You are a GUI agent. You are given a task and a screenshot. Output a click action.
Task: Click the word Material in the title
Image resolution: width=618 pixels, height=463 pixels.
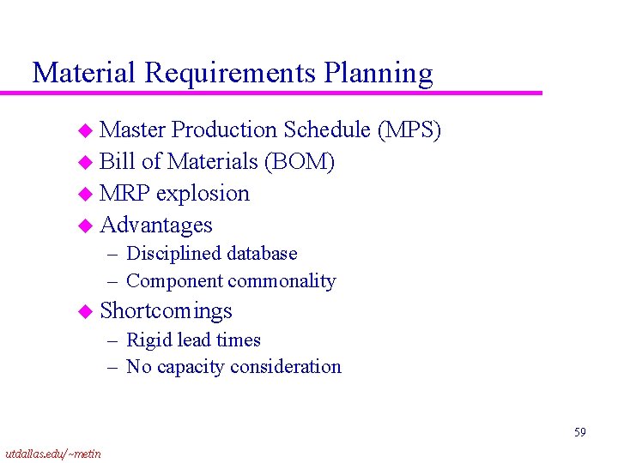click(x=84, y=73)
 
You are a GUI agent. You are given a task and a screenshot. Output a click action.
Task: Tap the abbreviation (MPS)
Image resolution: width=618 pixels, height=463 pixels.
click(x=409, y=129)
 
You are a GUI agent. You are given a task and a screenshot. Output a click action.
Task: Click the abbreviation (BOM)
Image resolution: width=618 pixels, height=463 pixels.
click(x=300, y=161)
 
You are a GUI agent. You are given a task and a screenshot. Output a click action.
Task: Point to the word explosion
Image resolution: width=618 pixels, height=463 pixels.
click(x=203, y=194)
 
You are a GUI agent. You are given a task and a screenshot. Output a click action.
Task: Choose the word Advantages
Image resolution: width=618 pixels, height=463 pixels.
click(x=156, y=225)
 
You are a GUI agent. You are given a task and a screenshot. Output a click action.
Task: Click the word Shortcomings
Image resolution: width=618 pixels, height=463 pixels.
click(x=166, y=310)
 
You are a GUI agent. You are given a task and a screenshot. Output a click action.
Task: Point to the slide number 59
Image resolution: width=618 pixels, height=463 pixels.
click(x=580, y=433)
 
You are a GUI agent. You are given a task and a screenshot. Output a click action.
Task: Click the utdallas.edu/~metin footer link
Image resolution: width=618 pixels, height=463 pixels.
click(x=52, y=453)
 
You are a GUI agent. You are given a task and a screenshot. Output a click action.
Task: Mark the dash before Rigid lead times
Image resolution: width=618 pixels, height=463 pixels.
click(x=113, y=340)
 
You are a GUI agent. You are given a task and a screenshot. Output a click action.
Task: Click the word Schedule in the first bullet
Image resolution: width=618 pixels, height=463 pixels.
click(x=327, y=129)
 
